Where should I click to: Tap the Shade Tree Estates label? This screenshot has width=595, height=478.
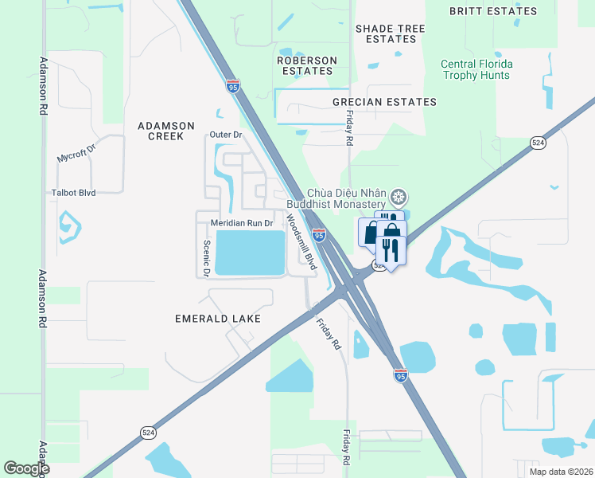[x=390, y=33]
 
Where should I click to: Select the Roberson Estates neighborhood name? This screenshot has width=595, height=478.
[x=306, y=65]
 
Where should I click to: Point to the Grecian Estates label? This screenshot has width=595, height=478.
[x=384, y=102]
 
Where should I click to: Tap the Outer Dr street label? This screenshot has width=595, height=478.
[x=225, y=135]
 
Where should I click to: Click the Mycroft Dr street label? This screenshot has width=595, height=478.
[x=76, y=153]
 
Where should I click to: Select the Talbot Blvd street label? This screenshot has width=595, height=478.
[x=73, y=193]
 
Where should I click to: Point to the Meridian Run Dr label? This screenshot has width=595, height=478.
[x=242, y=224]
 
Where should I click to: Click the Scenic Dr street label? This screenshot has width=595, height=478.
[x=206, y=259]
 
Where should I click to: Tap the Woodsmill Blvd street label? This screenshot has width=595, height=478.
[x=301, y=241]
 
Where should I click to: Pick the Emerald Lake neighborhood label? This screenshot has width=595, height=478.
[x=207, y=319]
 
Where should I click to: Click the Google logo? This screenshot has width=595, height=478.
[x=26, y=468]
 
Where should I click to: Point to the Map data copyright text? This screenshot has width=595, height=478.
[x=560, y=471]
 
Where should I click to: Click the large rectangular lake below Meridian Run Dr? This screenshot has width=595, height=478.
[x=250, y=253]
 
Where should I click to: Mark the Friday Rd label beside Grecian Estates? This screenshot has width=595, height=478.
[x=348, y=127]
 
